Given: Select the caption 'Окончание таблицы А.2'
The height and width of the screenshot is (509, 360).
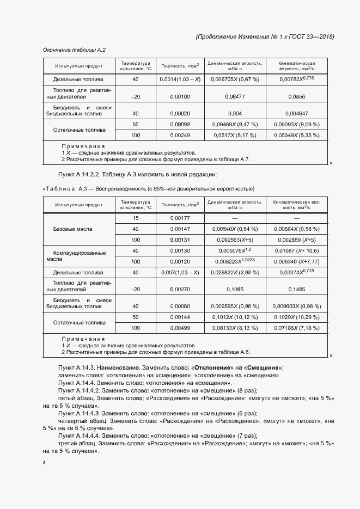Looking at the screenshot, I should pos(74,50).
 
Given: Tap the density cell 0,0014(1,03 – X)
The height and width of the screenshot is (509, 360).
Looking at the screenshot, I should pos(180,79).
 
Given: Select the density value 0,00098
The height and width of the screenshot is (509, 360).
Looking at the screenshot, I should pos(180,125).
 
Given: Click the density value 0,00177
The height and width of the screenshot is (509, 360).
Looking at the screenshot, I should pos(180,218).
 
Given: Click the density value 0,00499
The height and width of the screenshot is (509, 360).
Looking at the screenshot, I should pos(180,328).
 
